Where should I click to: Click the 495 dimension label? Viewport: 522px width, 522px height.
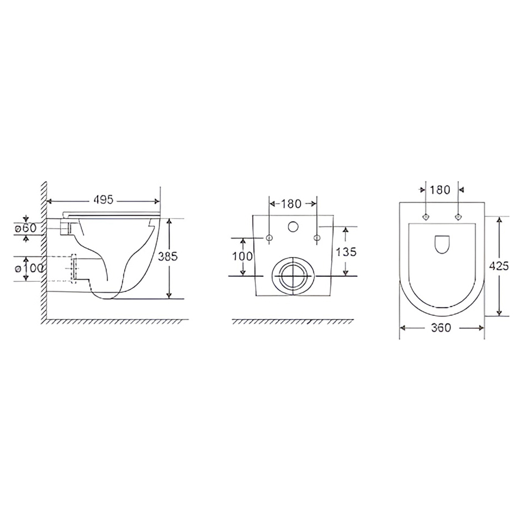coord(103,200)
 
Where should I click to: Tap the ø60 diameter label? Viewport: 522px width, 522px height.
coord(25,229)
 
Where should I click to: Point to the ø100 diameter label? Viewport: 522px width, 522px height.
coord(29,268)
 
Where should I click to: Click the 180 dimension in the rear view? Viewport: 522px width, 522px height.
coord(291,204)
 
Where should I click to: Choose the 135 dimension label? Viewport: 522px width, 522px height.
coord(346,252)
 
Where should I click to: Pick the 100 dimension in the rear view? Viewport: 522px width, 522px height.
coord(243,256)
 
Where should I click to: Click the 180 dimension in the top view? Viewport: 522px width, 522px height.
coord(440,190)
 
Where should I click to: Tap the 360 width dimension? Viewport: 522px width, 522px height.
coord(441,328)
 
